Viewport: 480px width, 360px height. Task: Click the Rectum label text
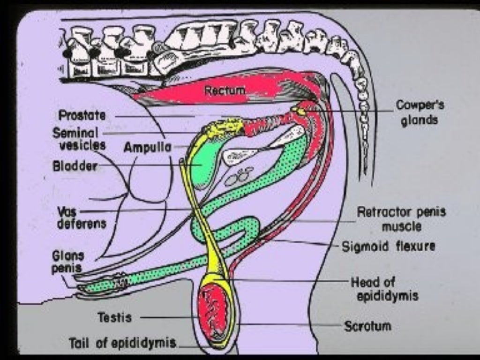pyautogui.click(x=225, y=90)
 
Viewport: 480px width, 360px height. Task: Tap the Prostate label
pyautogui.click(x=82, y=115)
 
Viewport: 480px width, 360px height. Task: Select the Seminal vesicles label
pyautogui.click(x=79, y=139)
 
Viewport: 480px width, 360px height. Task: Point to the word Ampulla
pyautogui.click(x=147, y=147)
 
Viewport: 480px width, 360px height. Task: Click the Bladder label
pyautogui.click(x=75, y=166)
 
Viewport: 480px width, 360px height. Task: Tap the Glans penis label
pyautogui.click(x=68, y=262)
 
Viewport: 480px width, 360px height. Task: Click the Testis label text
pyautogui.click(x=115, y=317)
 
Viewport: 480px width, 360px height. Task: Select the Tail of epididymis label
pyautogui.click(x=122, y=343)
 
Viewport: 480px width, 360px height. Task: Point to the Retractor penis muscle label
pyautogui.click(x=401, y=219)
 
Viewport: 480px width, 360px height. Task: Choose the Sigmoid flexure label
pyautogui.click(x=388, y=246)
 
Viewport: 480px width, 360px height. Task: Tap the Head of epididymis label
pyautogui.click(x=383, y=289)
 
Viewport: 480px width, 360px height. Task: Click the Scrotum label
pyautogui.click(x=368, y=326)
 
